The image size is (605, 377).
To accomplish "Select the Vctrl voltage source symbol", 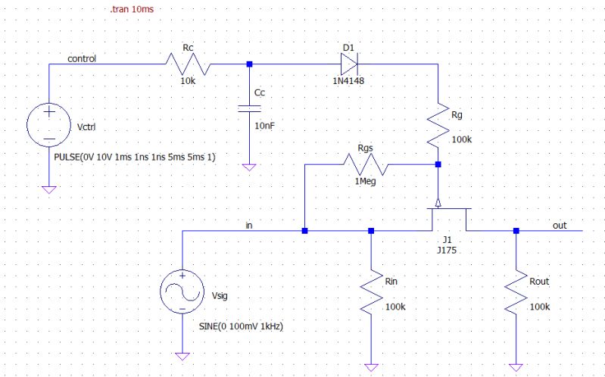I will click(48, 126).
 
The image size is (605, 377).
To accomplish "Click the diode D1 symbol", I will click(348, 64).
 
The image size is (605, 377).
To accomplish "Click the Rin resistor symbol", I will click(370, 293).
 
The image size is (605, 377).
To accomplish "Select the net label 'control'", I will click(82, 58).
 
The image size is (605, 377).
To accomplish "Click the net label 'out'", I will click(559, 225).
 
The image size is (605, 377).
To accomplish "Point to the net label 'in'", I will click(249, 225).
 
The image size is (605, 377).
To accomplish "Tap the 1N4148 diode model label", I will click(348, 80).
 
